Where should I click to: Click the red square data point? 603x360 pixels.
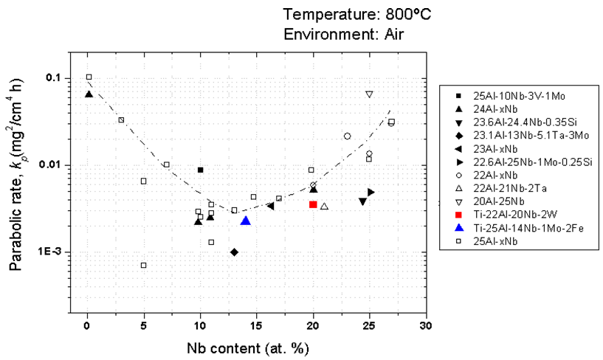[313, 204]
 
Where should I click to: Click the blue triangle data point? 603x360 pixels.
[246, 221]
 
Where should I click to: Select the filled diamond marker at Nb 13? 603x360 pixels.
[234, 252]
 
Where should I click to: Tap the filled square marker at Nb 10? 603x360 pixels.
[200, 170]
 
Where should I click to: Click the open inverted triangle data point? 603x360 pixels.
[369, 94]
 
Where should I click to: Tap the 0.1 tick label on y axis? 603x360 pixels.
[53, 78]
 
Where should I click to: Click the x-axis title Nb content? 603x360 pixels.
[247, 346]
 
